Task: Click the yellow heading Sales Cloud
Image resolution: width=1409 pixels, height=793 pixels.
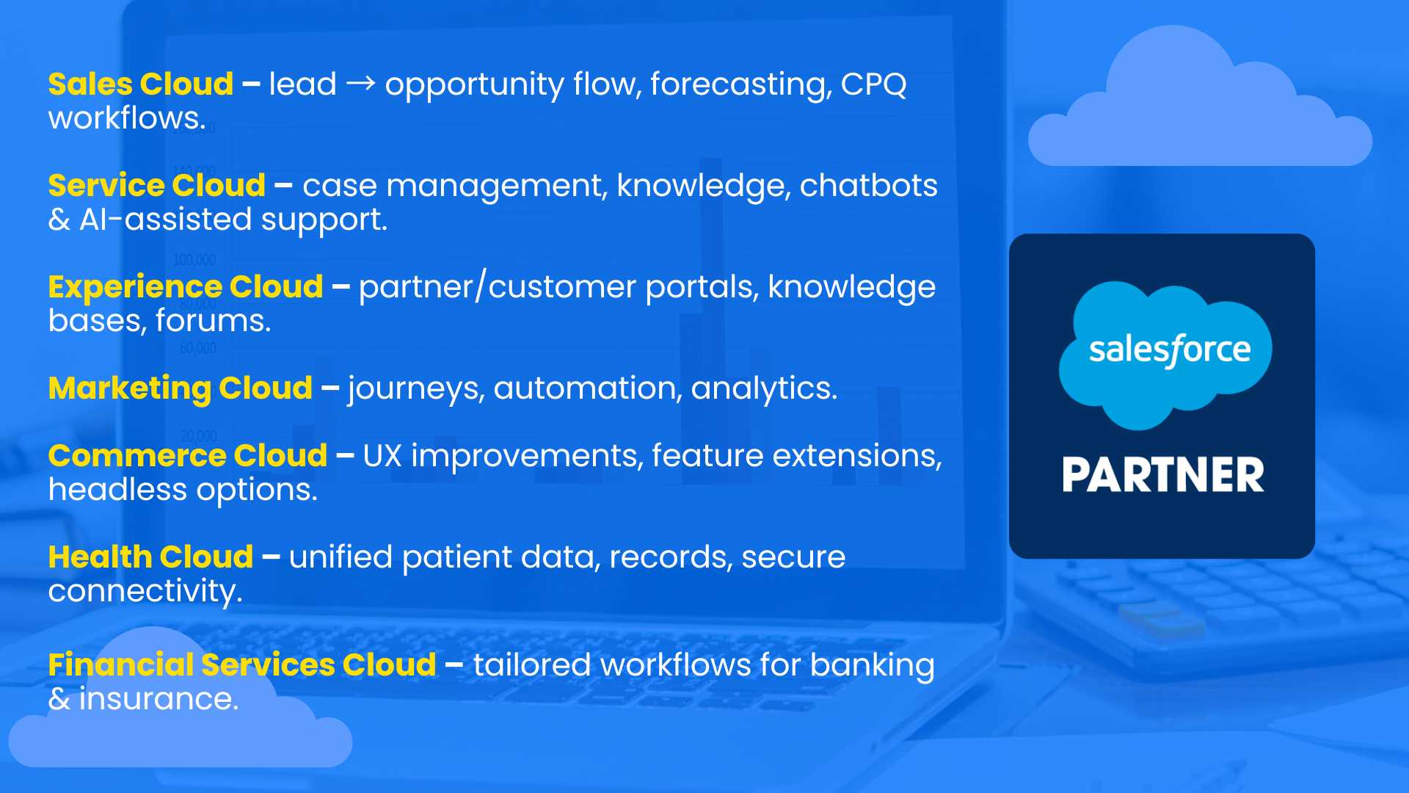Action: (141, 84)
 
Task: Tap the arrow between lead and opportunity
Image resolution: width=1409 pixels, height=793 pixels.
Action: (360, 84)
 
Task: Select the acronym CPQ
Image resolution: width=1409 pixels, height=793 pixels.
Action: (873, 84)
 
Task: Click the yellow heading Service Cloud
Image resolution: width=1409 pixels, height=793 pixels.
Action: (157, 186)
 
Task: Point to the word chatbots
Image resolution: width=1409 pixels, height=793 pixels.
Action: (868, 186)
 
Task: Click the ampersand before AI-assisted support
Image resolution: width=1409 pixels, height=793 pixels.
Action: (59, 220)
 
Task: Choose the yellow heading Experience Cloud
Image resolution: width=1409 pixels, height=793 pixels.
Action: (186, 287)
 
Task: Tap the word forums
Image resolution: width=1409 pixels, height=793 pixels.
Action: (213, 321)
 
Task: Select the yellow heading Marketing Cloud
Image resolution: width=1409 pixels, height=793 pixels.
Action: (181, 388)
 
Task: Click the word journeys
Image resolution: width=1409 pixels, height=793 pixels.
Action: (416, 388)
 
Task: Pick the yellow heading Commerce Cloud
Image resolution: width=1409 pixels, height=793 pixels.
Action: (188, 456)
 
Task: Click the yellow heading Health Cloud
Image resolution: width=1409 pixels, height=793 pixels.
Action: (151, 557)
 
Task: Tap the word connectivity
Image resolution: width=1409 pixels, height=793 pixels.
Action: (145, 592)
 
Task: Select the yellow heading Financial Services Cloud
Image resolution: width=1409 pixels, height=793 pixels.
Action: (242, 665)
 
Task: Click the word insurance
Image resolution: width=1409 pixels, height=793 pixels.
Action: (159, 699)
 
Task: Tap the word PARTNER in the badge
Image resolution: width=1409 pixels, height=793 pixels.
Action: (1163, 475)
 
